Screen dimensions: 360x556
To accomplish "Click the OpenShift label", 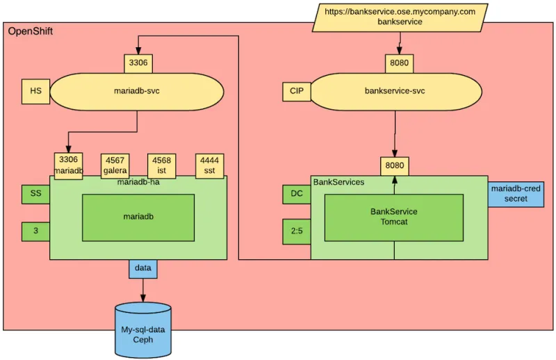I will point(30,32).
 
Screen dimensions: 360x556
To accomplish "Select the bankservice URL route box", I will point(400,17).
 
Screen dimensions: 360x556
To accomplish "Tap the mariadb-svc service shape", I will point(137,91).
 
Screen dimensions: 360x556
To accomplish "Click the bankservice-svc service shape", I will point(395,91).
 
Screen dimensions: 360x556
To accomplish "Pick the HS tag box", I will point(35,91).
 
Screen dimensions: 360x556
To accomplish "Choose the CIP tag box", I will point(296,91).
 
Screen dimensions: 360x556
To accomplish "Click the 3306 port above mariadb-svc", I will point(138,63).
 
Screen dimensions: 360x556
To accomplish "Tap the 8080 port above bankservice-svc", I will point(399,63).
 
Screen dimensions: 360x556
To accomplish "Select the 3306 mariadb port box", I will point(69,165).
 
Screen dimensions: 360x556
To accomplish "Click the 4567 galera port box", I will point(115,165).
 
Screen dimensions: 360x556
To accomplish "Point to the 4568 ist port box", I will point(161,165).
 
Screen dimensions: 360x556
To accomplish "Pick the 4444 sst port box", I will point(209,165).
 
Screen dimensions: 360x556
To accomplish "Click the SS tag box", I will point(35,194).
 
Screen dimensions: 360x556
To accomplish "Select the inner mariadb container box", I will point(138,217).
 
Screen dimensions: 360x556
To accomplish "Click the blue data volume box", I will point(142,268).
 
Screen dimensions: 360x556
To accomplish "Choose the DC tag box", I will point(296,194).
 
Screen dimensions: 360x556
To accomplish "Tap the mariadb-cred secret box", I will point(516,194).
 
